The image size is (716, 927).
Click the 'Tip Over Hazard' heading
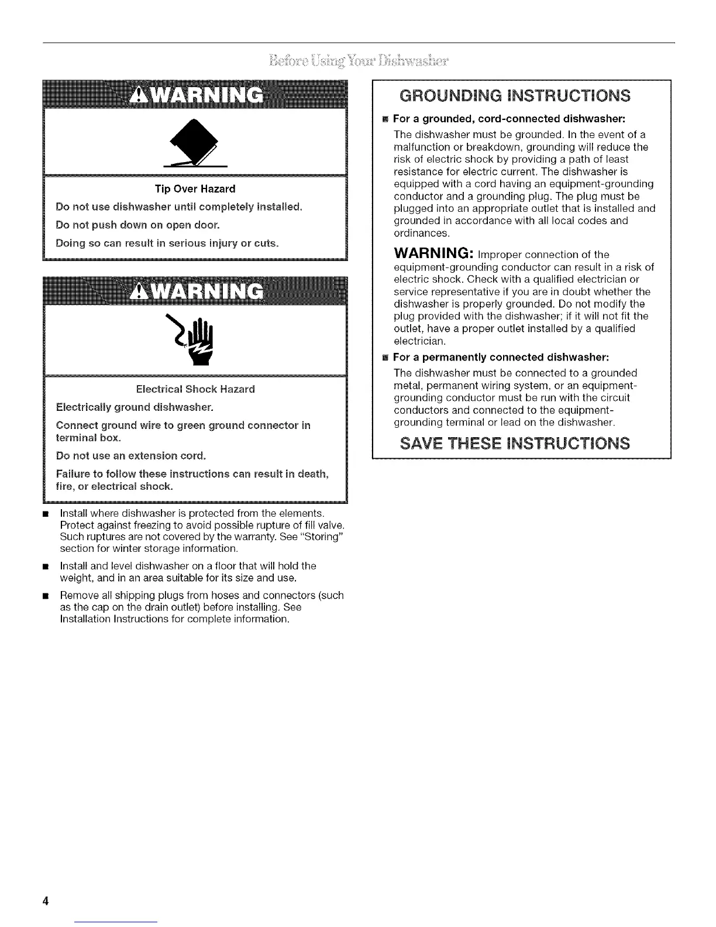[x=195, y=189]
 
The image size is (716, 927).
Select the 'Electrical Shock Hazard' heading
[x=195, y=389]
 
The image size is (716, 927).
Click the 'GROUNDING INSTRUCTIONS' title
[x=521, y=95]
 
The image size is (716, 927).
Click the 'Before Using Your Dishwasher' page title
[x=359, y=61]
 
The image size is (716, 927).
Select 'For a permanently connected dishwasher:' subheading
[x=501, y=357]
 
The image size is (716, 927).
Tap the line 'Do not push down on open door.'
[x=137, y=225]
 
